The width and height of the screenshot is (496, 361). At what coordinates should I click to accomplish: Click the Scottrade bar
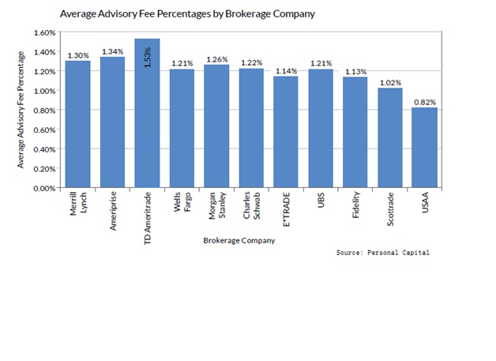coord(389,138)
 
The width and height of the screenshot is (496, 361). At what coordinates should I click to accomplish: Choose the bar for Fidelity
coord(355,133)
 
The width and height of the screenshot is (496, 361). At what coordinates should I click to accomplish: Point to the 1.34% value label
coord(112,52)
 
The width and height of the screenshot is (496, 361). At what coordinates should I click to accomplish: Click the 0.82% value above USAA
coord(424,103)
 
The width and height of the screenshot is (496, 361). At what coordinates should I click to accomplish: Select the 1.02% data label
coord(389,83)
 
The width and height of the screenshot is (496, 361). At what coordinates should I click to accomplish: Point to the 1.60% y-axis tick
coord(43,33)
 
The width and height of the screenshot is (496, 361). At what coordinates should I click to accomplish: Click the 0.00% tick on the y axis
coord(43,188)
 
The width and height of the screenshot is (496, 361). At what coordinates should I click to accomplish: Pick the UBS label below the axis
coord(320,201)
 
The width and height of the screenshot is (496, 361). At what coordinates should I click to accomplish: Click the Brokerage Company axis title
coord(239,240)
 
